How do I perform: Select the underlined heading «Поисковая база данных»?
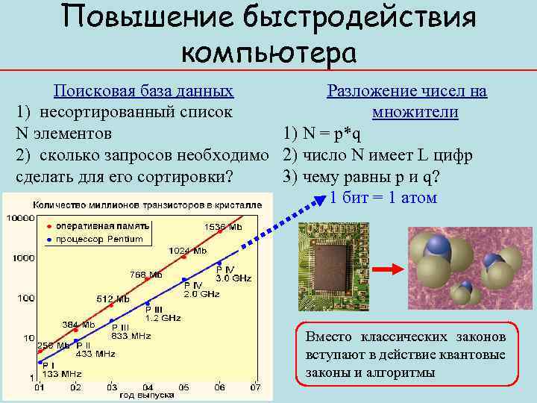pyautogui.click(x=143, y=91)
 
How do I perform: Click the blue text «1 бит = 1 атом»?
pyautogui.click(x=383, y=198)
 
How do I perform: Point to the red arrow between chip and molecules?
pyautogui.click(x=386, y=269)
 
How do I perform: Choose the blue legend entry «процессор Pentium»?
pyautogui.click(x=97, y=239)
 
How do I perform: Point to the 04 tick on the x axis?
pyautogui.click(x=148, y=387)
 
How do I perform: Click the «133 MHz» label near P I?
pyautogui.click(x=66, y=373)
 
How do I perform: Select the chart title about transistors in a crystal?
pyautogui.click(x=146, y=204)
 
